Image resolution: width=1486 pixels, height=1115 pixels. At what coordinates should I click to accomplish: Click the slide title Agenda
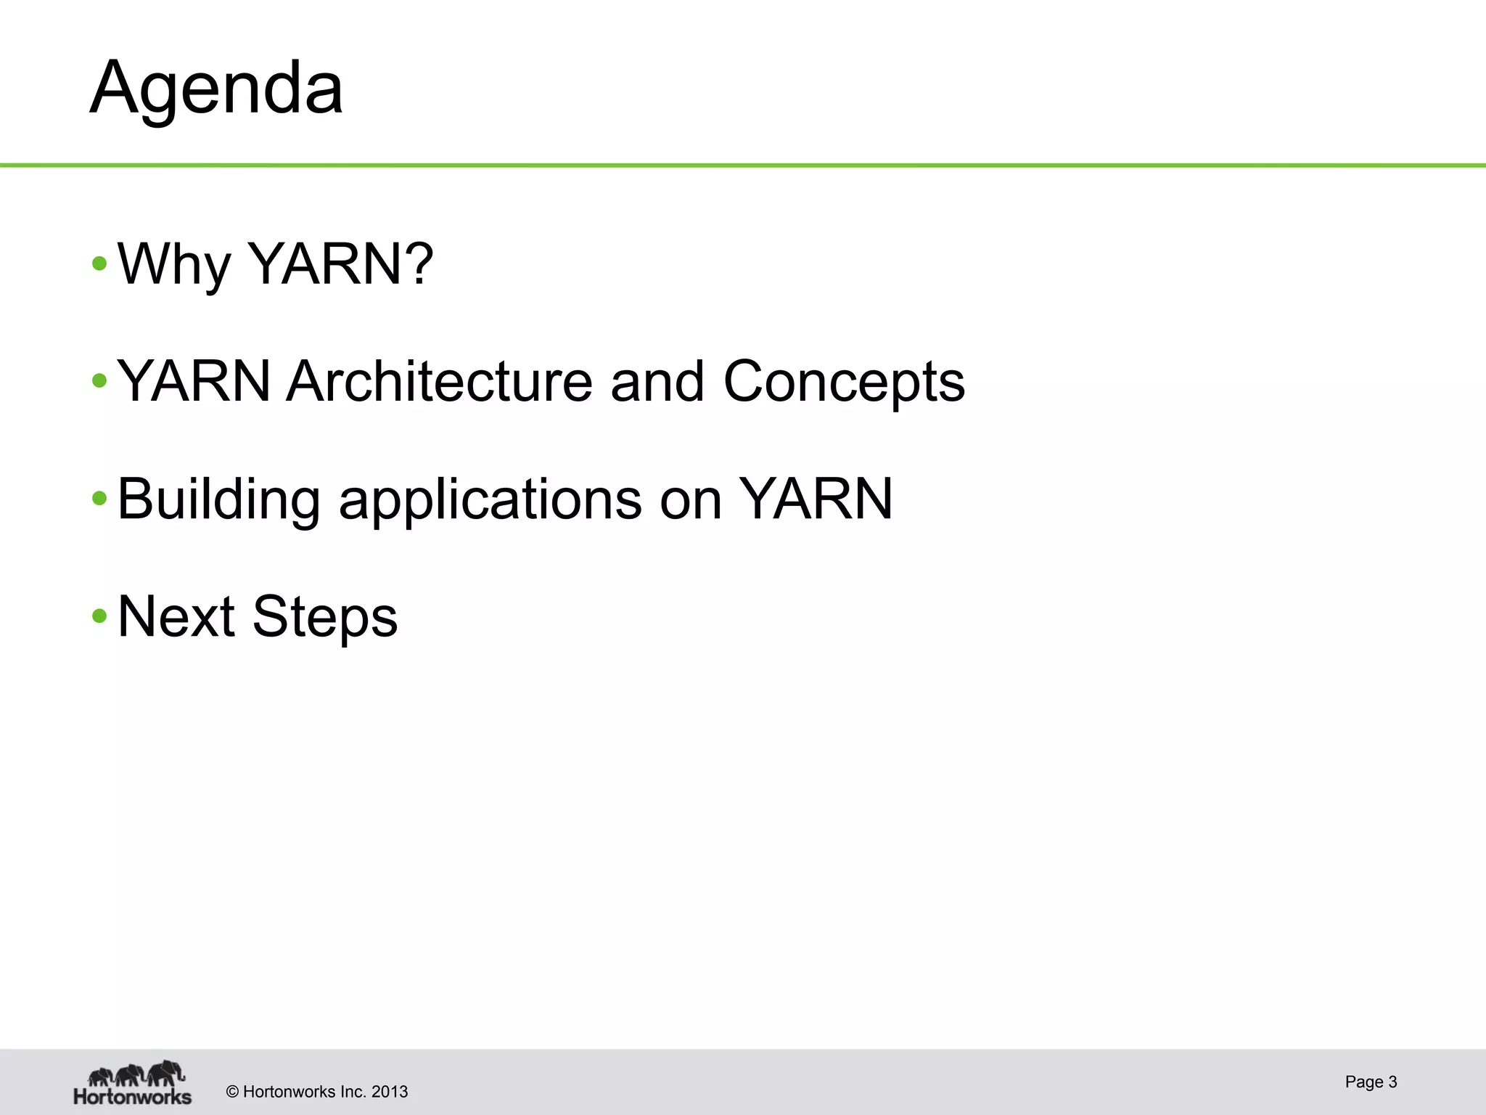[215, 89]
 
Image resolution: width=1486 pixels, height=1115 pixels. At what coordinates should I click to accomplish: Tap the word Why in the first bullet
[173, 264]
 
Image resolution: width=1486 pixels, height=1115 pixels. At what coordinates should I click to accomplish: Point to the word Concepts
[844, 382]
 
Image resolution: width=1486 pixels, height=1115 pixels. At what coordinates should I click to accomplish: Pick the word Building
[218, 499]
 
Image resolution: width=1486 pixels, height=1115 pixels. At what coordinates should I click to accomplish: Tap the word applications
[490, 499]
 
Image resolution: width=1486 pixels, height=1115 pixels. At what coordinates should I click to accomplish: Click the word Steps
[325, 618]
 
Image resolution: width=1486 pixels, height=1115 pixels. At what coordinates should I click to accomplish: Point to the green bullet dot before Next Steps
[99, 618]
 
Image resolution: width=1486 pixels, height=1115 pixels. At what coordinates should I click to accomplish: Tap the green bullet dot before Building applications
[99, 499]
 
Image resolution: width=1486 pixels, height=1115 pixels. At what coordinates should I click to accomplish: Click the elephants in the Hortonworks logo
[136, 1074]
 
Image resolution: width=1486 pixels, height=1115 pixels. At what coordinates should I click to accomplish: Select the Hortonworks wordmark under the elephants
[133, 1095]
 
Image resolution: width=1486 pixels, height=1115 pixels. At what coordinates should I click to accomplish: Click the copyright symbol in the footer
[233, 1092]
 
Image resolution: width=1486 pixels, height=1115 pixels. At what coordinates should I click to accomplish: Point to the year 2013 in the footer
[390, 1092]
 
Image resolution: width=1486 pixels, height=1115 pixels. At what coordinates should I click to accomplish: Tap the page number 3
[1392, 1082]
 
